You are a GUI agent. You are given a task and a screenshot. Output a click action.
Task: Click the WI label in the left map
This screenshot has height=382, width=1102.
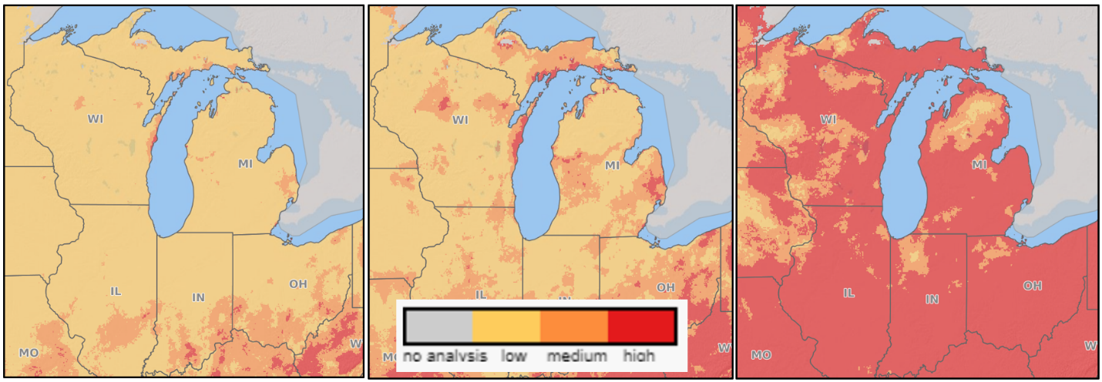tap(96, 119)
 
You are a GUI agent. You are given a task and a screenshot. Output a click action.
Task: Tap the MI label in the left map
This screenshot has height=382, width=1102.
tap(245, 163)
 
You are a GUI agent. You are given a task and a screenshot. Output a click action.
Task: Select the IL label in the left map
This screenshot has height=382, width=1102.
tap(116, 291)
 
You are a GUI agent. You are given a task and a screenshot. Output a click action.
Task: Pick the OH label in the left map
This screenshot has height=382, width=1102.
tap(297, 284)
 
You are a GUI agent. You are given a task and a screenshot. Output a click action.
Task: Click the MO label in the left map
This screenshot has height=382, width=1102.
tap(29, 353)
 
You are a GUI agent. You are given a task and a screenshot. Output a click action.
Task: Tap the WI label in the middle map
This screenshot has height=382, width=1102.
tap(460, 119)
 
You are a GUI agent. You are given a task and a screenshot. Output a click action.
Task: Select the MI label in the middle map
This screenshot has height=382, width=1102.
tap(611, 165)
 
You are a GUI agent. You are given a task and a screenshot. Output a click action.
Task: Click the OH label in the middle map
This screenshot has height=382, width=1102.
tap(665, 287)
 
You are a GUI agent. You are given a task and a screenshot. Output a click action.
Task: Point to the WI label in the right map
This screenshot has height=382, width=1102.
tap(828, 119)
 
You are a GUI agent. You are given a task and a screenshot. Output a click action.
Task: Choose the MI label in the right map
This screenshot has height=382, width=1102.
tap(979, 165)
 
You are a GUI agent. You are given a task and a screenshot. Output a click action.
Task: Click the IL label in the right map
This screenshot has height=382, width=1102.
tap(848, 293)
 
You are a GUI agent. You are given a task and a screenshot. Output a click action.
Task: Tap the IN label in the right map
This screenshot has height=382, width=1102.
tap(932, 299)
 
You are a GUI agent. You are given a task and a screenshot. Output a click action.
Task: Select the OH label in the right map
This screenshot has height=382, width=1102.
tap(1032, 286)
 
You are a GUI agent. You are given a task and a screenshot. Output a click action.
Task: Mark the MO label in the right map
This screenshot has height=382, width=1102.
tap(761, 355)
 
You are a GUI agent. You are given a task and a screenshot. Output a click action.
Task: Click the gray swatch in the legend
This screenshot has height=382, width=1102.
tap(438, 326)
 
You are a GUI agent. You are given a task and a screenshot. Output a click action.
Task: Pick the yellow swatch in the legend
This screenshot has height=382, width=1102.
tap(506, 326)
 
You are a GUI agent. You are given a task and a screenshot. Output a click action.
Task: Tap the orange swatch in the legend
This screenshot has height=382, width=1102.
tap(574, 326)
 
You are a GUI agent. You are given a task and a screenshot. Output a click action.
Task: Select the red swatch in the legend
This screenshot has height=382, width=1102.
tap(641, 326)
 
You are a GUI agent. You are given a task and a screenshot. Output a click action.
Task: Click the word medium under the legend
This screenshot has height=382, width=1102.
tap(576, 356)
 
